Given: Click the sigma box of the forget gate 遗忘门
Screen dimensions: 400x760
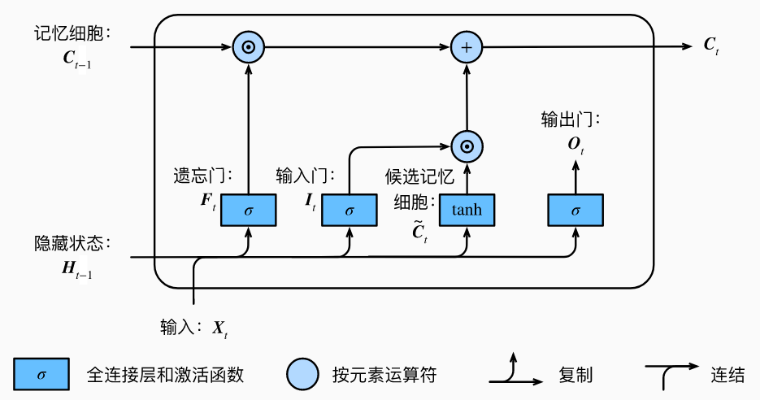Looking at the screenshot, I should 249,211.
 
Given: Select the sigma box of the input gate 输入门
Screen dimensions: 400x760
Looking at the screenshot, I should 350,211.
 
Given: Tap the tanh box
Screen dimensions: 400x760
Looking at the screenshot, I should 467,211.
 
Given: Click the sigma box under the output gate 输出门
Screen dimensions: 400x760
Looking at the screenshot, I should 575,211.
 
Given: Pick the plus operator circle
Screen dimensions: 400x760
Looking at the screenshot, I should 467,48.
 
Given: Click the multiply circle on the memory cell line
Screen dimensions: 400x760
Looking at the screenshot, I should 249,48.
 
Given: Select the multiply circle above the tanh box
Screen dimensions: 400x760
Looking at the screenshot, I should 467,147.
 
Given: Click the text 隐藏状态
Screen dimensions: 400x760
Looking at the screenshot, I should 71,244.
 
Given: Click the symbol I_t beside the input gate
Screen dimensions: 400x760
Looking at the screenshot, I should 311,198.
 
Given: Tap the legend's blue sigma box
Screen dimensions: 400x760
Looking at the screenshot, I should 41,374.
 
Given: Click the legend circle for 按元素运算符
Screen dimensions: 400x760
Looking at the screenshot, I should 302,374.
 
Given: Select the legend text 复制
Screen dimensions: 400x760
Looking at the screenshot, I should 575,375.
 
